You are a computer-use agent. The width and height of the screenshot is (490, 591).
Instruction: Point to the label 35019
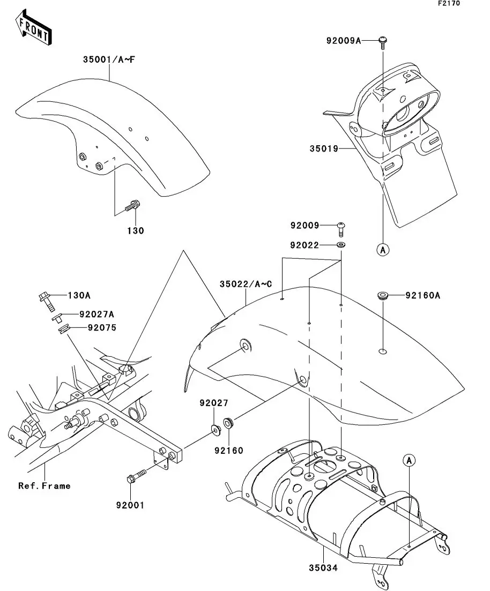(323, 148)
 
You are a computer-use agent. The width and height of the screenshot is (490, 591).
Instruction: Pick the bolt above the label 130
(132, 205)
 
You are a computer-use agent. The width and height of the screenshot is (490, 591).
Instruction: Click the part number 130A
(79, 295)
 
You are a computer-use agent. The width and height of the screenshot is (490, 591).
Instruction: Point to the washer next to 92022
(340, 245)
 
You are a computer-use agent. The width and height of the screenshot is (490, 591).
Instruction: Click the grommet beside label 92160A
(383, 295)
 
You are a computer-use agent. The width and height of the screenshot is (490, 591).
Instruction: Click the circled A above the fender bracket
(409, 460)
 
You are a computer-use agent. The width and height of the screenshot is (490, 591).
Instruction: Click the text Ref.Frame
(44, 486)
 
